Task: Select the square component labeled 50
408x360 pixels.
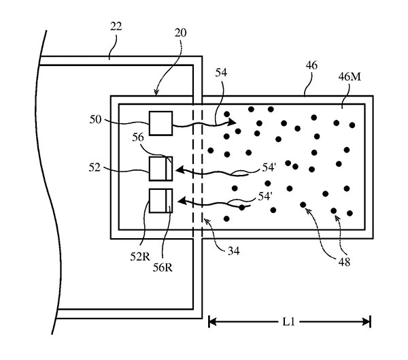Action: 161,124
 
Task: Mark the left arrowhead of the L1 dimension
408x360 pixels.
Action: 212,321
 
